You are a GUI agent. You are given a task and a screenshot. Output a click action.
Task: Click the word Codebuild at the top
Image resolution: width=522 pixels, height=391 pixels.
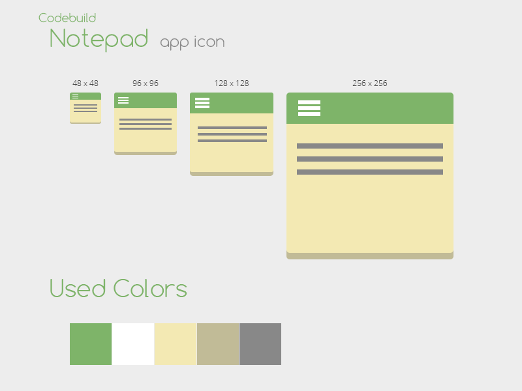tap(67, 18)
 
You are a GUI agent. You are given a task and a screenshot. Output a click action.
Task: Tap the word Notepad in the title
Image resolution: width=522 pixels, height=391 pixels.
tap(99, 39)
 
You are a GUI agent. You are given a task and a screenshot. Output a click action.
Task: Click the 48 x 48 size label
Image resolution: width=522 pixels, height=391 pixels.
tap(85, 83)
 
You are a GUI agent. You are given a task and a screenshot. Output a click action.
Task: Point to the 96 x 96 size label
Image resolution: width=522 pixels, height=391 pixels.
tap(146, 83)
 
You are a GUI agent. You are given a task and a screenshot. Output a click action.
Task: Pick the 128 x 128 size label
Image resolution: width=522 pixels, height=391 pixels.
tap(232, 83)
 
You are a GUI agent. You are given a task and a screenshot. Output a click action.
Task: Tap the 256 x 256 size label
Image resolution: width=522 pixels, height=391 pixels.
tap(370, 83)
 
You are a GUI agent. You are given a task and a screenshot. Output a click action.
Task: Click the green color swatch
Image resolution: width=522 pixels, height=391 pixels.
tap(91, 344)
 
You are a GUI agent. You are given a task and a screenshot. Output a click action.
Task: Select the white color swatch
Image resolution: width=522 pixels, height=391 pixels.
tap(133, 344)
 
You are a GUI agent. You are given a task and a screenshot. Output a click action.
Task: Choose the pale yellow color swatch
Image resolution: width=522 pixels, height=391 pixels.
tap(176, 344)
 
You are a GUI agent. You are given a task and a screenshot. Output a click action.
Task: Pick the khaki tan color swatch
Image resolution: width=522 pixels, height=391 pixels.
tap(218, 344)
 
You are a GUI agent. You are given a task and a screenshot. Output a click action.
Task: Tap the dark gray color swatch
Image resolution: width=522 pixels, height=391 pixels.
tap(260, 344)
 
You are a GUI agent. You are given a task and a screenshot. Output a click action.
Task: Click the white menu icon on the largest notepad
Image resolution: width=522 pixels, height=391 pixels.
tap(309, 108)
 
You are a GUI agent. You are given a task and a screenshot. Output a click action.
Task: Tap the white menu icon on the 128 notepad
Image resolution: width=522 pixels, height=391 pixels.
tap(202, 103)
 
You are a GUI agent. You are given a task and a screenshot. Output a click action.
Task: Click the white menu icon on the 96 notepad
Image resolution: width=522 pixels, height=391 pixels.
tap(123, 100)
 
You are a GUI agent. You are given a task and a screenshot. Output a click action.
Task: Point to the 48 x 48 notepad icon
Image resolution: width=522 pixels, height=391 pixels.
tap(85, 108)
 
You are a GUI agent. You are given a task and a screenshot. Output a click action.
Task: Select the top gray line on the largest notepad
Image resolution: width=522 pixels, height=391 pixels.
tap(370, 146)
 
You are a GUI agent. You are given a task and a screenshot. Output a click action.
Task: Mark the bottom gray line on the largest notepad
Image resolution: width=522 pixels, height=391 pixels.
tap(370, 172)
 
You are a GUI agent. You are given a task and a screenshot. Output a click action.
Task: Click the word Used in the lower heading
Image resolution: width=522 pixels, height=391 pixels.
tap(78, 289)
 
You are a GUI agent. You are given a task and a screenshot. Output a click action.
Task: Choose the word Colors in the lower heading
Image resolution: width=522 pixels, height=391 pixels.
tap(150, 289)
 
